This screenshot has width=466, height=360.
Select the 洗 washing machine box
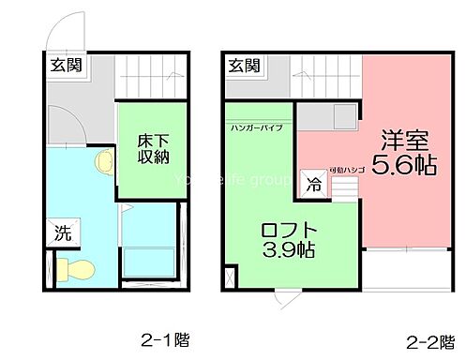coord(61,231)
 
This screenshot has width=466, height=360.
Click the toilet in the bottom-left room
coord(76,270)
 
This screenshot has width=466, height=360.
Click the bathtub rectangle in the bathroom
coord(149,262)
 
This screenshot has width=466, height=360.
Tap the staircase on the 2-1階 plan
coord(149,75)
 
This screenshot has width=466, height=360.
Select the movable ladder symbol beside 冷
coord(344,187)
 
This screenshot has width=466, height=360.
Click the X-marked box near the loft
coord(232,277)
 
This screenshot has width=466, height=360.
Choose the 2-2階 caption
coord(426,341)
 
